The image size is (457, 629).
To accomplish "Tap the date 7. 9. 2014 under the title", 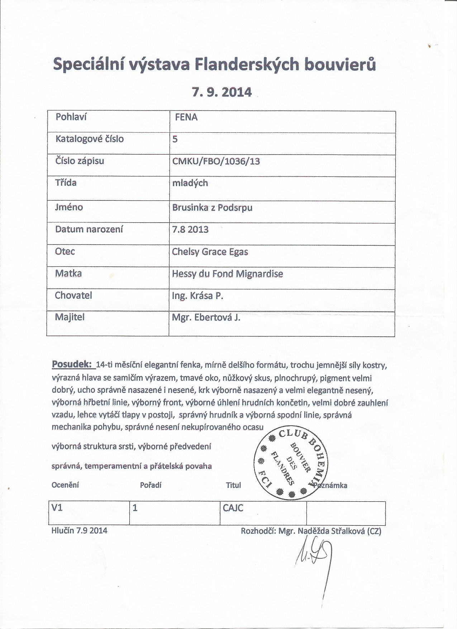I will click(x=222, y=92).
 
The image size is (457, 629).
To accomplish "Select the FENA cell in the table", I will click(x=186, y=117).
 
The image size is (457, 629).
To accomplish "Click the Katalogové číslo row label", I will click(x=89, y=139).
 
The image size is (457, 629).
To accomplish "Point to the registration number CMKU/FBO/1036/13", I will click(x=216, y=161).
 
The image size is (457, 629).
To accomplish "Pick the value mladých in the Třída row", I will click(x=190, y=183).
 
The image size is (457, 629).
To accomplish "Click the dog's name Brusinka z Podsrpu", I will click(x=212, y=208).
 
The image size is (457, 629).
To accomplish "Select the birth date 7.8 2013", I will click(x=190, y=230).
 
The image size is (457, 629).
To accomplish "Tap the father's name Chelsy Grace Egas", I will click(x=210, y=252).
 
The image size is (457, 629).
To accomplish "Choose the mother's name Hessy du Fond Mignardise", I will click(x=227, y=274).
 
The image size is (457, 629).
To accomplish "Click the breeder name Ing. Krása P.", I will click(x=197, y=296).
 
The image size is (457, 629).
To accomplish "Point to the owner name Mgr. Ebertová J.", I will click(x=206, y=318).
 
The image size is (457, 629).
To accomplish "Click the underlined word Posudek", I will click(x=72, y=364).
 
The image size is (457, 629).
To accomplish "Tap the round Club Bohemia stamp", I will click(x=291, y=462).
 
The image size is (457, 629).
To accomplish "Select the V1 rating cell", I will click(x=57, y=508).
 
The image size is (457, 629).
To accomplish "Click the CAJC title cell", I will click(x=233, y=508).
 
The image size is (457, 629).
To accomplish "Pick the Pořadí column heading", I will click(x=151, y=485).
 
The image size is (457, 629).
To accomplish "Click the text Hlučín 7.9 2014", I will click(x=79, y=531).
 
